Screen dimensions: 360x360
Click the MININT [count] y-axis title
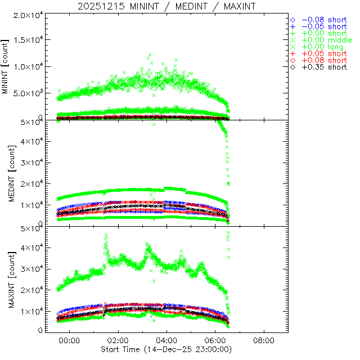pos(6,66)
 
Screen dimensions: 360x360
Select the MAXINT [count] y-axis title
pos(6,278)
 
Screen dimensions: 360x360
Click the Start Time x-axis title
pos(166,349)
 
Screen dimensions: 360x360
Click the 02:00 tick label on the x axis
pos(118,340)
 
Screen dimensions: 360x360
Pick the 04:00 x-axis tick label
pos(167,340)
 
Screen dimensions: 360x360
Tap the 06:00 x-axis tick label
pos(215,340)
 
